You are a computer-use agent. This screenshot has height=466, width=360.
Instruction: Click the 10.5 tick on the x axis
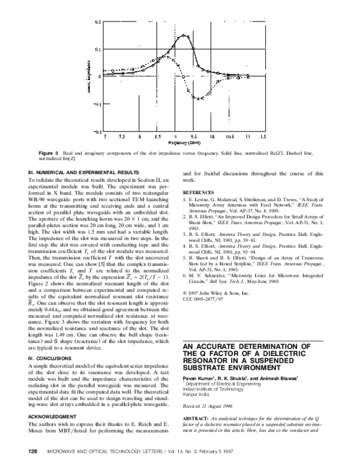tap(229, 136)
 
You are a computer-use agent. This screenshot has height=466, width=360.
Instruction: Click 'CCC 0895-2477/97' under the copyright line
tap(201, 298)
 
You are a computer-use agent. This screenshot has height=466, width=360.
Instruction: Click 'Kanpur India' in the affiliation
tap(196, 398)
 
